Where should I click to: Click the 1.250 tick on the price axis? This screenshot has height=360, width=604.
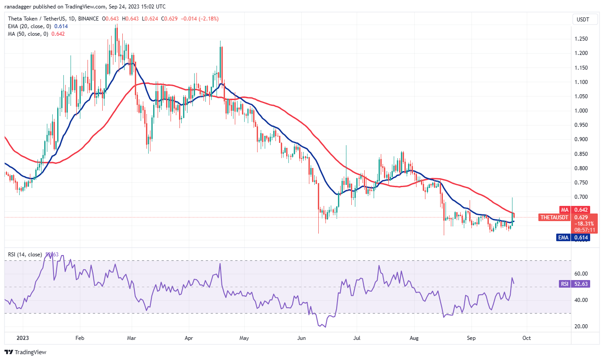[581, 39]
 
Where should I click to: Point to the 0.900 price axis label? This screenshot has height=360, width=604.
[581, 139]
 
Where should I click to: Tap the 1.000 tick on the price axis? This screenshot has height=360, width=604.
[581, 111]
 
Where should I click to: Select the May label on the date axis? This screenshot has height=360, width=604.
[243, 339]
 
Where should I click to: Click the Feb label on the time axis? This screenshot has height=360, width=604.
[79, 339]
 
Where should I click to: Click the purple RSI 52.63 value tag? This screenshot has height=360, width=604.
[580, 284]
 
